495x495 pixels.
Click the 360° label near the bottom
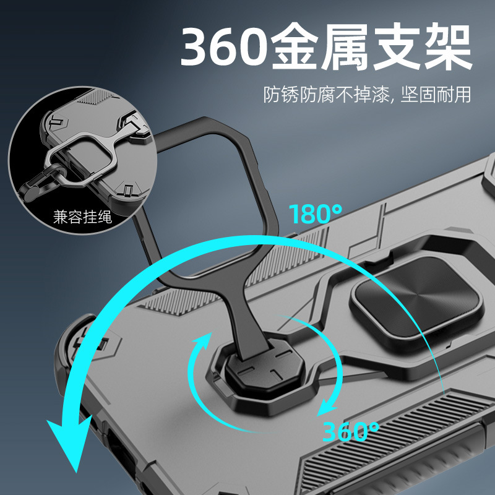352,430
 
